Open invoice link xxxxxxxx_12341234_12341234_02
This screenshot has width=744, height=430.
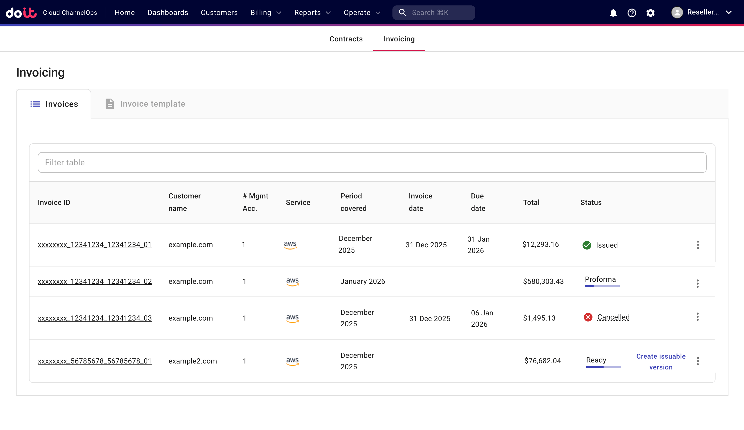point(94,281)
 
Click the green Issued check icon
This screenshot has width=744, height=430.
point(587,245)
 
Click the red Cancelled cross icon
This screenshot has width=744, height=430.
point(588,317)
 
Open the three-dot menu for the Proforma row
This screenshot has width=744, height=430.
point(697,283)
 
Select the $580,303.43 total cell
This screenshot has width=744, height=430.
point(543,281)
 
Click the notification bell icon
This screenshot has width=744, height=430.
point(613,13)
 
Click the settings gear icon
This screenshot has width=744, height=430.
point(650,13)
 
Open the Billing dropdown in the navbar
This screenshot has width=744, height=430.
point(265,13)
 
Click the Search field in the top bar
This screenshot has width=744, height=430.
point(433,13)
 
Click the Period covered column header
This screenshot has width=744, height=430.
point(353,202)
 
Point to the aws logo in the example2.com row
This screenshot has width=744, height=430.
point(292,361)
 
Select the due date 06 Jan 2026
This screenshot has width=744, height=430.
point(482,318)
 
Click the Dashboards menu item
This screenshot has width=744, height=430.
point(168,13)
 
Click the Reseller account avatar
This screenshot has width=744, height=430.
point(677,12)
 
